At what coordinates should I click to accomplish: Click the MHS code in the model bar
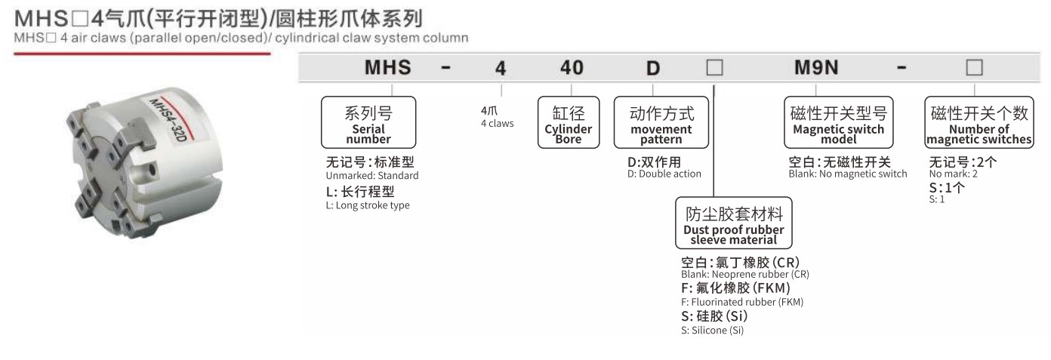pyautogui.click(x=387, y=67)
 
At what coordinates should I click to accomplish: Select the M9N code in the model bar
pyautogui.click(x=816, y=67)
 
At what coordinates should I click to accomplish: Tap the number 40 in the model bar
pyautogui.click(x=572, y=68)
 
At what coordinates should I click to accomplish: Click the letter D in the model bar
pyautogui.click(x=653, y=69)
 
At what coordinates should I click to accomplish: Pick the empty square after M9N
pyautogui.click(x=974, y=67)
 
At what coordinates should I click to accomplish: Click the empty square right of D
pyautogui.click(x=714, y=67)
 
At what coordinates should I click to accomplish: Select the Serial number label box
pyautogui.click(x=368, y=122)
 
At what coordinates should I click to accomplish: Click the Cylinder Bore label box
pyautogui.click(x=569, y=122)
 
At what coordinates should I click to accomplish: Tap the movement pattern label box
pyautogui.click(x=661, y=122)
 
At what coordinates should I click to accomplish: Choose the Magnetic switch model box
pyautogui.click(x=838, y=122)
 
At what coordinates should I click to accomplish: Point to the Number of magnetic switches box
pyautogui.click(x=979, y=122)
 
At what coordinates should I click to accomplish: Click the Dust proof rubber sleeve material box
pyautogui.click(x=733, y=223)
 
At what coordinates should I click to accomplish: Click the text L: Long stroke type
pyautogui.click(x=368, y=205)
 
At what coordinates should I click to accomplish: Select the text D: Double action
pyautogui.click(x=664, y=174)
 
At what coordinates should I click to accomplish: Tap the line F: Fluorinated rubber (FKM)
pyautogui.click(x=742, y=303)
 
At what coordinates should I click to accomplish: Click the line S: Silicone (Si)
pyautogui.click(x=712, y=331)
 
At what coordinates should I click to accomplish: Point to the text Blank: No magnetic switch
pyautogui.click(x=848, y=174)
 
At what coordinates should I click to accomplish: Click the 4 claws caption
pyautogui.click(x=498, y=124)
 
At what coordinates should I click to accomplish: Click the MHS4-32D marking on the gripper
pyautogui.click(x=168, y=120)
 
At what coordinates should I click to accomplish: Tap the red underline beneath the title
pyautogui.click(x=142, y=54)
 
